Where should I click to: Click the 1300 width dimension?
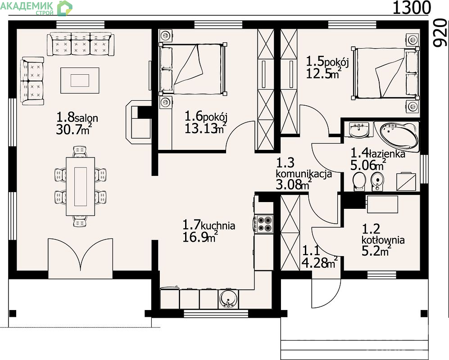tap(412, 8)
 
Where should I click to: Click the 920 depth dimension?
tap(441, 33)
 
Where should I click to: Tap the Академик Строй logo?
tap(36, 8)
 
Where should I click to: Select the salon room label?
tap(77, 123)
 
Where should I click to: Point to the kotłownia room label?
tap(383, 240)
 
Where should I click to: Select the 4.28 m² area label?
tap(319, 257)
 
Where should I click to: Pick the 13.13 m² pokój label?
tap(206, 122)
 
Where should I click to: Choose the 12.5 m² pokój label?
tap(327, 67)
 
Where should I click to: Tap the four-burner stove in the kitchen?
tap(264, 224)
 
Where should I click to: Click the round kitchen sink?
tap(228, 299)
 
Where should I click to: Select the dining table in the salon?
tap(81, 186)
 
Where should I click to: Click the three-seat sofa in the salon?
tap(81, 44)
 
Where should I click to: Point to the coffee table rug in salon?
tap(80, 80)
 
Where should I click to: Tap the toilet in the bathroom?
tap(359, 181)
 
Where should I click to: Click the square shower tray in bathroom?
tap(406, 181)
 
